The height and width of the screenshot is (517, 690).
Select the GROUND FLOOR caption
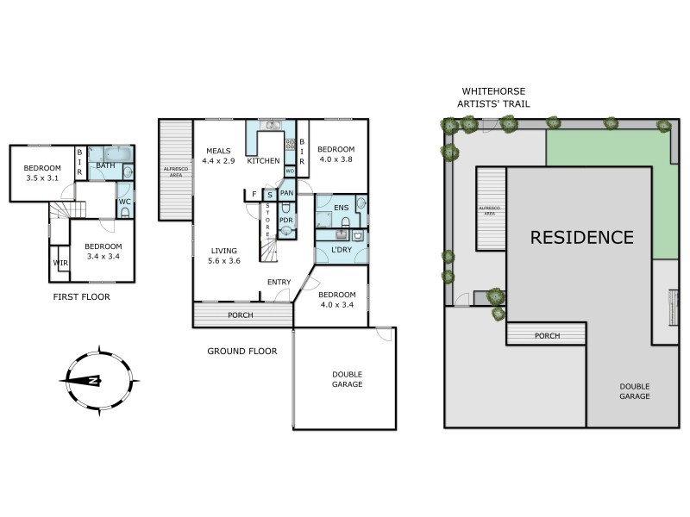[x=241, y=351]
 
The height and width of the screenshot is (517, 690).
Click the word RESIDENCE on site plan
[x=581, y=237]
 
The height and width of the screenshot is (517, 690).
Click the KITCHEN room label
[x=263, y=161]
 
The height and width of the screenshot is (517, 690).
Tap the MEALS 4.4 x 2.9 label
[x=217, y=156]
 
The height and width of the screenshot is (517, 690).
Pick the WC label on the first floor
[x=124, y=202]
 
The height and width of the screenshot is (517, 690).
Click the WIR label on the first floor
[x=60, y=263]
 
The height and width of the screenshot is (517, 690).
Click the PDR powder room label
[x=285, y=219]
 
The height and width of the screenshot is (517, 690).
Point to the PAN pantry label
[x=286, y=194]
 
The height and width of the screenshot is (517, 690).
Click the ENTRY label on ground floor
[x=279, y=282]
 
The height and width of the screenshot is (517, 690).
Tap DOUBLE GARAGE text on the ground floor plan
[x=347, y=379]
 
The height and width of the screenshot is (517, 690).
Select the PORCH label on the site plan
[x=547, y=335]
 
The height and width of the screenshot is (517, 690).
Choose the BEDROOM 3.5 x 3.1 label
[x=42, y=172]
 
